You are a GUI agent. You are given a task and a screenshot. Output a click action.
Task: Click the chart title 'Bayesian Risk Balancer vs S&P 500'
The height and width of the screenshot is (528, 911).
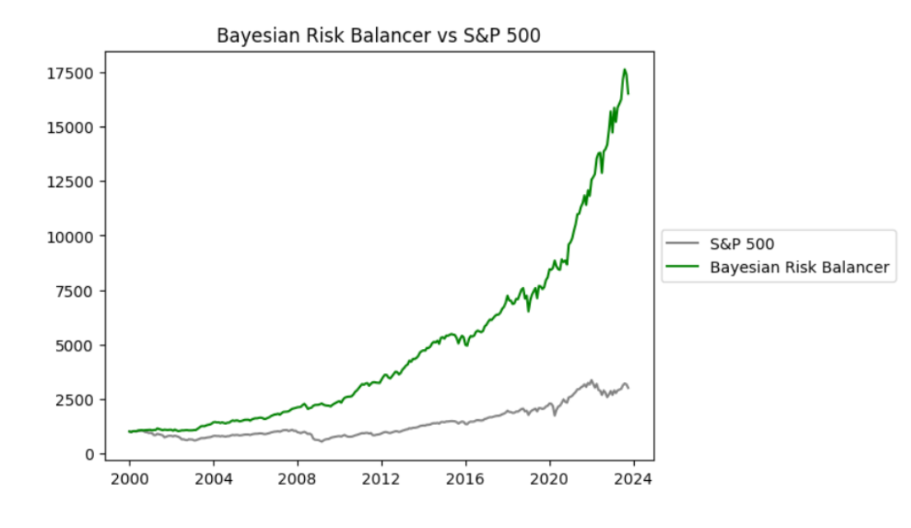click(377, 35)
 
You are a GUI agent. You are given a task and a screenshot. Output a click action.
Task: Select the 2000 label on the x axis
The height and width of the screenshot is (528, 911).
click(129, 478)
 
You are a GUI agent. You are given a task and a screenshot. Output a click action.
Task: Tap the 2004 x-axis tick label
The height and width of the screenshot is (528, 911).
click(214, 478)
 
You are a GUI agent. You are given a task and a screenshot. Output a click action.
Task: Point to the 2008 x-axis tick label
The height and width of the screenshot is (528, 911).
click(298, 478)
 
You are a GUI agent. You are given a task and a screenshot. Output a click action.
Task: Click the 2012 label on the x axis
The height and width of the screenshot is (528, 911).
click(382, 478)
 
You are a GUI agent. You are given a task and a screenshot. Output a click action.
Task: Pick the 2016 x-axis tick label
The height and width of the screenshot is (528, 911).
click(466, 478)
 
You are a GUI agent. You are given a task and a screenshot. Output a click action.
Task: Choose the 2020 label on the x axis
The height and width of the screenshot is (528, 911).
click(550, 478)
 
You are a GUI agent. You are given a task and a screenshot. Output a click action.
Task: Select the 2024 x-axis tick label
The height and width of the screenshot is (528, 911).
click(633, 478)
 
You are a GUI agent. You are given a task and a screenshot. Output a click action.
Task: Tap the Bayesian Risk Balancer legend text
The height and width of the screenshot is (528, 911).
click(799, 266)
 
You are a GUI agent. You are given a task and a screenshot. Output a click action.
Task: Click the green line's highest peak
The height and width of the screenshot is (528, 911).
click(625, 69)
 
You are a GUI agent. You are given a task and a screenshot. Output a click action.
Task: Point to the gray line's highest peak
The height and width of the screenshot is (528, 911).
click(591, 380)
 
